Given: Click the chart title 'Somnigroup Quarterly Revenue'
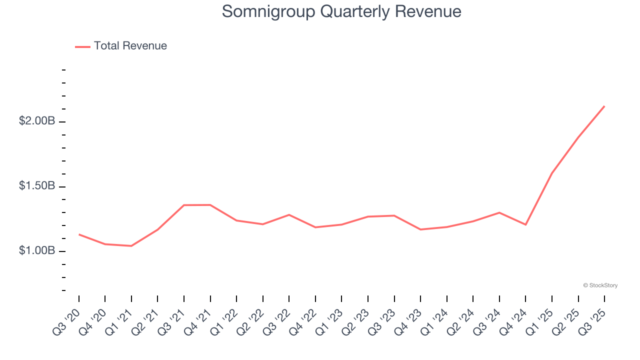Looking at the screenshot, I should pyautogui.click(x=341, y=11).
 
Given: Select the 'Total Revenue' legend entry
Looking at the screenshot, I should pyautogui.click(x=130, y=46).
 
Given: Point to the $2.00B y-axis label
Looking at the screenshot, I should pyautogui.click(x=37, y=121).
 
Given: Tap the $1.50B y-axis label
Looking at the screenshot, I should pyautogui.click(x=37, y=186).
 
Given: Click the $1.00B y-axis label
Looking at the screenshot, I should pyautogui.click(x=37, y=250).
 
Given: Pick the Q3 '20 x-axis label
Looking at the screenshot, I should pyautogui.click(x=67, y=321).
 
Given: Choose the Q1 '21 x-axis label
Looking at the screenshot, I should pyautogui.click(x=119, y=321).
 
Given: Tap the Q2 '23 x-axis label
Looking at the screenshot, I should pyautogui.click(x=356, y=321).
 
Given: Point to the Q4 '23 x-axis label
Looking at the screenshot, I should pyautogui.click(x=408, y=321).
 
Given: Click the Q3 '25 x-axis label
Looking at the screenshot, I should pyautogui.click(x=592, y=321).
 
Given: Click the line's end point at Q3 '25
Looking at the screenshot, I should pyautogui.click(x=604, y=106).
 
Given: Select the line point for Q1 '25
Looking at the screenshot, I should pyautogui.click(x=552, y=173).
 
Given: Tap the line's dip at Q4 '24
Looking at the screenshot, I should pyautogui.click(x=525, y=224).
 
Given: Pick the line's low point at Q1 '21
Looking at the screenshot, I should pyautogui.click(x=131, y=246).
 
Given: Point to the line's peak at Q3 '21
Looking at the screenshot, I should pyautogui.click(x=184, y=205).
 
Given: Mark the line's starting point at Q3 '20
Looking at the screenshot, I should pyautogui.click(x=79, y=234).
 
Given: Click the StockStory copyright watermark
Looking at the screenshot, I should pyautogui.click(x=600, y=285).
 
